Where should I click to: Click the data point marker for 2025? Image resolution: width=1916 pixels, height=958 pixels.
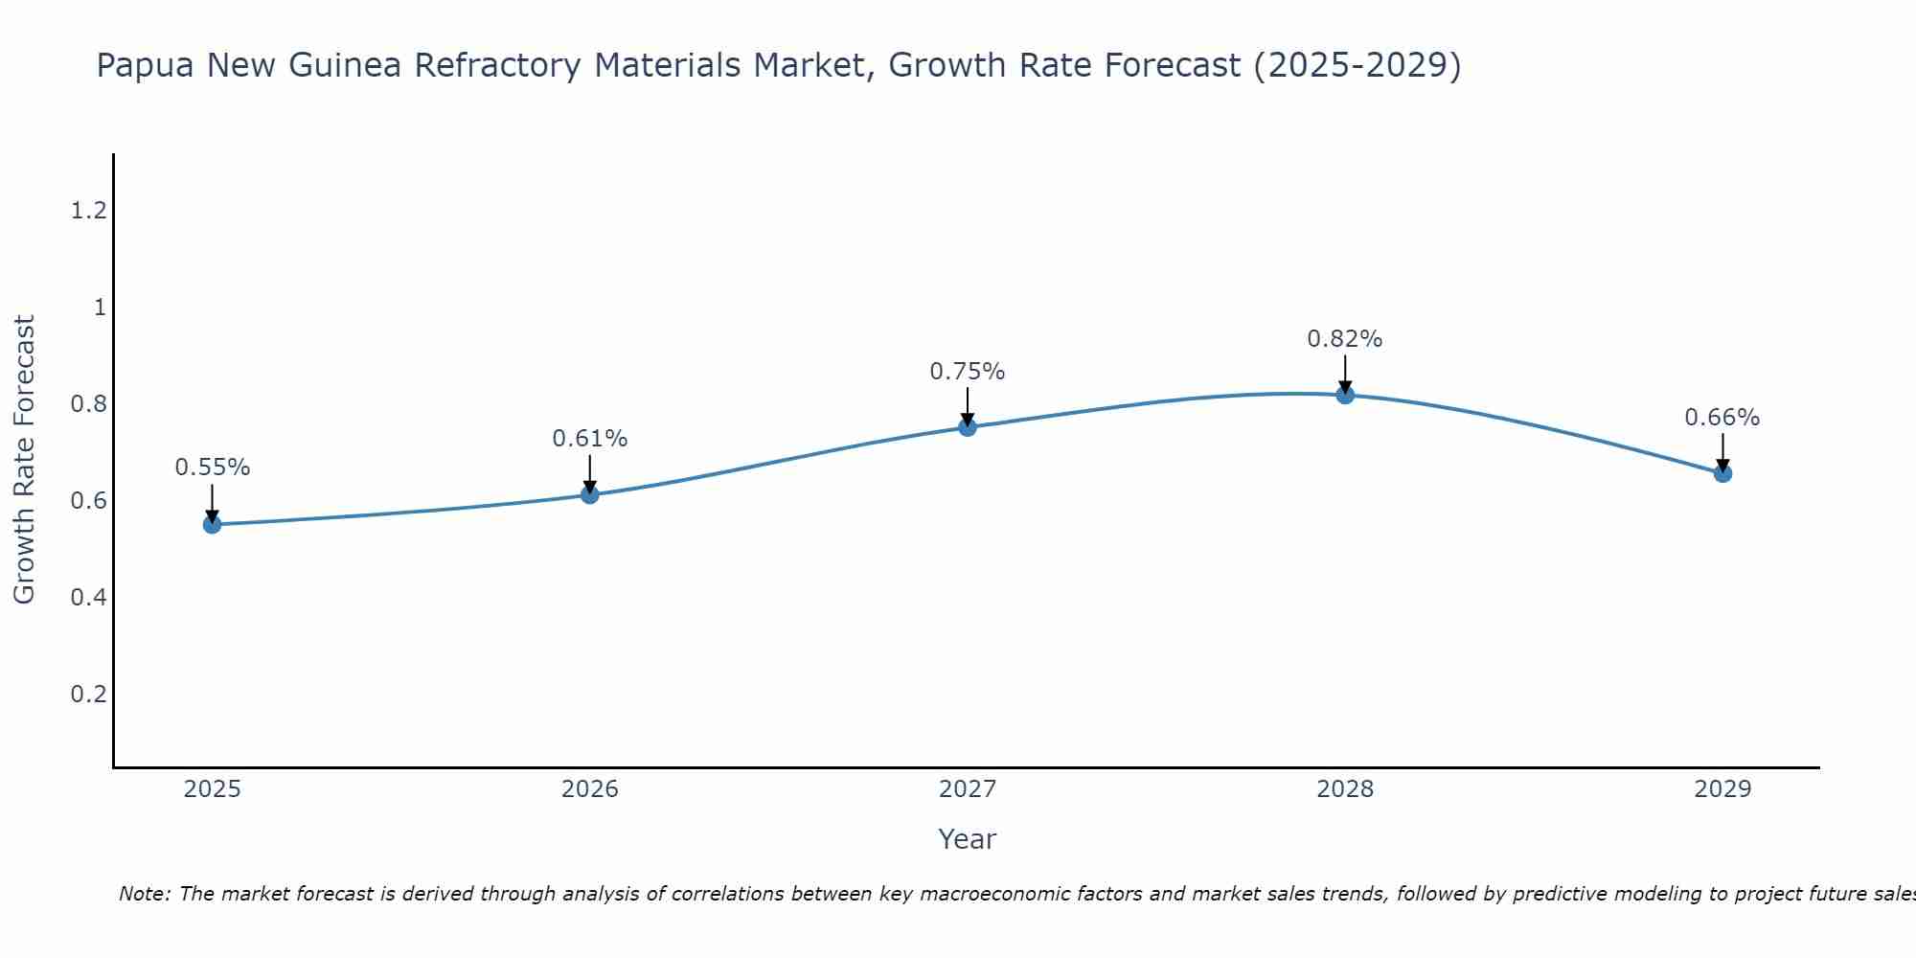(213, 524)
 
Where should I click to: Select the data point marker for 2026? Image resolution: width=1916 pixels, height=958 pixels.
(590, 494)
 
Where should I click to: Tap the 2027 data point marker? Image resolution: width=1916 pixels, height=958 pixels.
(968, 426)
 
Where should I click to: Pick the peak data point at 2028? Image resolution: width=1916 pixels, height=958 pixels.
(1345, 394)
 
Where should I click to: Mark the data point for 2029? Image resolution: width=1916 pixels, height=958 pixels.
(1722, 472)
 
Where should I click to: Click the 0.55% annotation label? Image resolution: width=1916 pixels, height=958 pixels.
(213, 468)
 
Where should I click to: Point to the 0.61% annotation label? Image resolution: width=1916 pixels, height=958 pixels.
(590, 439)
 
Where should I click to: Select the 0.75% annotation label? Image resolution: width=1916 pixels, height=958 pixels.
(968, 372)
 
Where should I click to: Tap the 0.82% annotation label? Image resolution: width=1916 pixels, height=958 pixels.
(1345, 339)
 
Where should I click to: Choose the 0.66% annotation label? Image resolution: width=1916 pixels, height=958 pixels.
(1722, 418)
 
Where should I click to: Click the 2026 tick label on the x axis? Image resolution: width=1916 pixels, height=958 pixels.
(590, 789)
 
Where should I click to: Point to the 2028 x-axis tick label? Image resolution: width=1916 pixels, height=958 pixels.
(1345, 789)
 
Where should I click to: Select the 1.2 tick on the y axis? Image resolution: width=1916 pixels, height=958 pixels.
(88, 211)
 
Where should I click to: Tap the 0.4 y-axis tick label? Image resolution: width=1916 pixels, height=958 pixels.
(88, 598)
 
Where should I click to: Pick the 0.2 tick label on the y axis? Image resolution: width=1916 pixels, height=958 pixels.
(88, 694)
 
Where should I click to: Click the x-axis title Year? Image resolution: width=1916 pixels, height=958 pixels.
(968, 839)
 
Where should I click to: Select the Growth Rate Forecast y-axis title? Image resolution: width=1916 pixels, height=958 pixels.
(24, 460)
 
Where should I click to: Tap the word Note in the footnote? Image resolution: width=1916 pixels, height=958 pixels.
(144, 894)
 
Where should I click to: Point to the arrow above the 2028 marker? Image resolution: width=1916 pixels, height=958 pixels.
(1345, 374)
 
